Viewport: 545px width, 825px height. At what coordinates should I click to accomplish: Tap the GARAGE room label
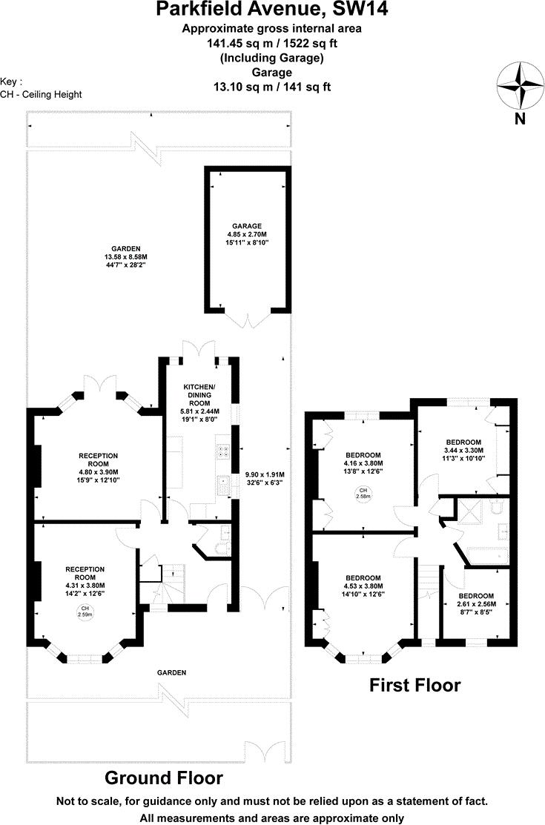point(244,233)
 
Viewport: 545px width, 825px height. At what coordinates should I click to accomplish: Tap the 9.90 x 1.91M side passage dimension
point(265,479)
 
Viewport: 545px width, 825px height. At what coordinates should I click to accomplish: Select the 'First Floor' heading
point(414,685)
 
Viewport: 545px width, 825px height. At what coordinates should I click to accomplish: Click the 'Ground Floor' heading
point(163,778)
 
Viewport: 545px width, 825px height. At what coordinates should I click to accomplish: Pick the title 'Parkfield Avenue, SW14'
point(271,10)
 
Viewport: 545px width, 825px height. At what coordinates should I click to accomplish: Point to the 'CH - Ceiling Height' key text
point(42,94)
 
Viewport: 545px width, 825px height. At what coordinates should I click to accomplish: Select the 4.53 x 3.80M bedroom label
point(363,586)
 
